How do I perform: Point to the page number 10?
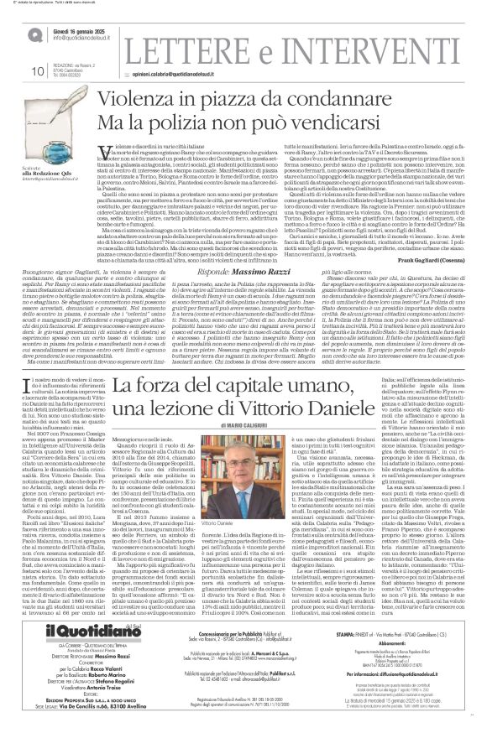(36, 71)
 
